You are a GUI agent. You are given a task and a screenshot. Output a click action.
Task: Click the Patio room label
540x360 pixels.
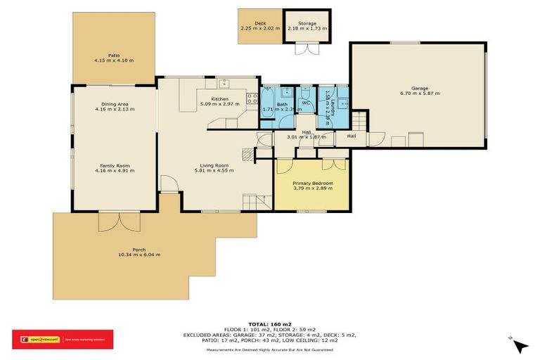(x=113, y=55)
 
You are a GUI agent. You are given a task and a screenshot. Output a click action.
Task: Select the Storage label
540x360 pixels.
(x=307, y=23)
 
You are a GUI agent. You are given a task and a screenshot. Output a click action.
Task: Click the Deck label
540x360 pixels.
(x=259, y=23)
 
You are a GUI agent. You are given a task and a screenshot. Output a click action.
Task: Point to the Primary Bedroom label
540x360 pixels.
(x=312, y=184)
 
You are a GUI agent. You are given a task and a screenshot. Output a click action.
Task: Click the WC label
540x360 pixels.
(x=306, y=103)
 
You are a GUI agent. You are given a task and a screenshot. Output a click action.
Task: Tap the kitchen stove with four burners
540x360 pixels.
(x=251, y=98)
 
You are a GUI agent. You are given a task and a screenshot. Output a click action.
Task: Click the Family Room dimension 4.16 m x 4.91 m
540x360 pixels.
(x=114, y=171)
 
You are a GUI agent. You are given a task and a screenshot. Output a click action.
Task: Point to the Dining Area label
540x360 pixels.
(x=114, y=104)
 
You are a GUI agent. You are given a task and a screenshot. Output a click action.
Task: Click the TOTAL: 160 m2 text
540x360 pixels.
(x=270, y=323)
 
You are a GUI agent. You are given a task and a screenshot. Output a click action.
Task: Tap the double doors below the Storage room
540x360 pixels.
(x=307, y=49)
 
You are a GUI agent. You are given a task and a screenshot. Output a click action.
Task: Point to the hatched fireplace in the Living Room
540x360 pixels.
(x=247, y=153)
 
